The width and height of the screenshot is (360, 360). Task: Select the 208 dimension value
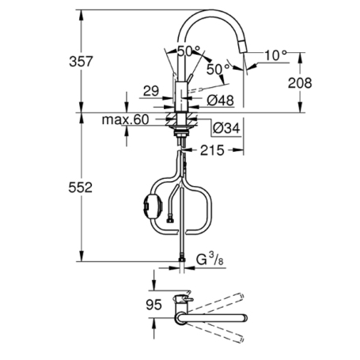click(x=300, y=82)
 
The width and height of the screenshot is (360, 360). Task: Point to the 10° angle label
click(x=275, y=55)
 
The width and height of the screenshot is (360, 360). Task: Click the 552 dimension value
click(x=95, y=188)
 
